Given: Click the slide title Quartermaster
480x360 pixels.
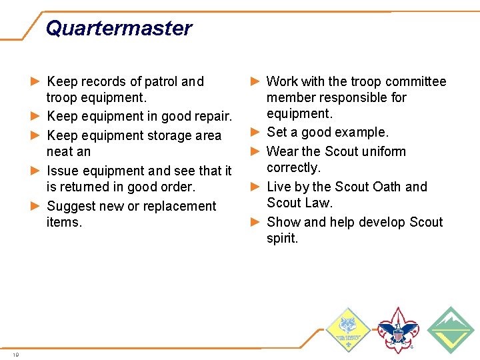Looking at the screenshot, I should (119, 28).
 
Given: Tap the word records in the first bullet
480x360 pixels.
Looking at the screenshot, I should (104, 82).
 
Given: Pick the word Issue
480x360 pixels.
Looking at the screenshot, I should (63, 171).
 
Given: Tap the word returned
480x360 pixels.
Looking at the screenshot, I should (84, 187).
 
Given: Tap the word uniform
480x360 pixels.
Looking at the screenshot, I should (384, 151).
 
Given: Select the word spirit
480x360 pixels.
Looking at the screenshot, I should (282, 239).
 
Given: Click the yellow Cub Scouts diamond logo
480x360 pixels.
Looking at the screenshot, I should (347, 329).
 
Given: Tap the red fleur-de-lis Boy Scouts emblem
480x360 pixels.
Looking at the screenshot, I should (397, 329).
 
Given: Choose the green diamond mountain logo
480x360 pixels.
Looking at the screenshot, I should (451, 329).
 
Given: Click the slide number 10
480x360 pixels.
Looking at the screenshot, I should (15, 354).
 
